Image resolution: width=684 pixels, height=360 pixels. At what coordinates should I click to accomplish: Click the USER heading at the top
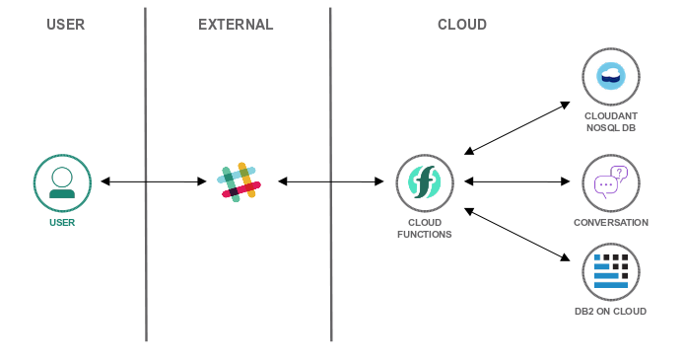point(66,25)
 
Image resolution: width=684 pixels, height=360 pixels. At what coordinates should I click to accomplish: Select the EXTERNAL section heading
point(236,25)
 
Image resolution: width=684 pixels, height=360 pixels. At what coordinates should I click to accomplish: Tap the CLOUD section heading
point(461,25)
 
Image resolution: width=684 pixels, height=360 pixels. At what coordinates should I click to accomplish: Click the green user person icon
point(62,182)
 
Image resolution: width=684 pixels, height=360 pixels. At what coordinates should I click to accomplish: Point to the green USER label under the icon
point(62,223)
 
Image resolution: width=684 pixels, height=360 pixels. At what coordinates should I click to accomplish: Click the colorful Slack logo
point(239,181)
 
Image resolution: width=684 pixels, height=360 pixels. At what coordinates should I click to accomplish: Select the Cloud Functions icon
point(424,181)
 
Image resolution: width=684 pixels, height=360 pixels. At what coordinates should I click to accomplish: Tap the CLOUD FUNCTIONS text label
point(424,228)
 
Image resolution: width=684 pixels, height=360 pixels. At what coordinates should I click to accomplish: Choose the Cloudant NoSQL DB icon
point(611,76)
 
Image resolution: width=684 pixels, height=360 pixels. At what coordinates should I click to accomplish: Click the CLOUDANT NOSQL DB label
point(611,121)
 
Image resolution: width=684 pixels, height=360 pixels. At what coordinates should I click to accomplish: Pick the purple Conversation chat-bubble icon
point(611,182)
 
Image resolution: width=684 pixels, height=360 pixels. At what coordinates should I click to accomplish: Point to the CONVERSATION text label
point(611,223)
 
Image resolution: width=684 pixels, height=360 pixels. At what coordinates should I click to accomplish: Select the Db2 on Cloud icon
point(611,271)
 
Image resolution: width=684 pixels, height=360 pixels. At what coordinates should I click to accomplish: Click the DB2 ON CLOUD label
point(611,312)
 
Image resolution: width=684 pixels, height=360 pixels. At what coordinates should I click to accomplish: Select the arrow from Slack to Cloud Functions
point(330,181)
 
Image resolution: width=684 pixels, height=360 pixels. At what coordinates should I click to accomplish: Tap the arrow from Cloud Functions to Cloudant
point(517,127)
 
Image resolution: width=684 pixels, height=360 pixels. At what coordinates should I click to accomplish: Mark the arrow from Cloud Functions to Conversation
point(517,181)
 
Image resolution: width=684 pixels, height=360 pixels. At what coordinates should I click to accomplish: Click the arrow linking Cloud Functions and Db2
point(517,234)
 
